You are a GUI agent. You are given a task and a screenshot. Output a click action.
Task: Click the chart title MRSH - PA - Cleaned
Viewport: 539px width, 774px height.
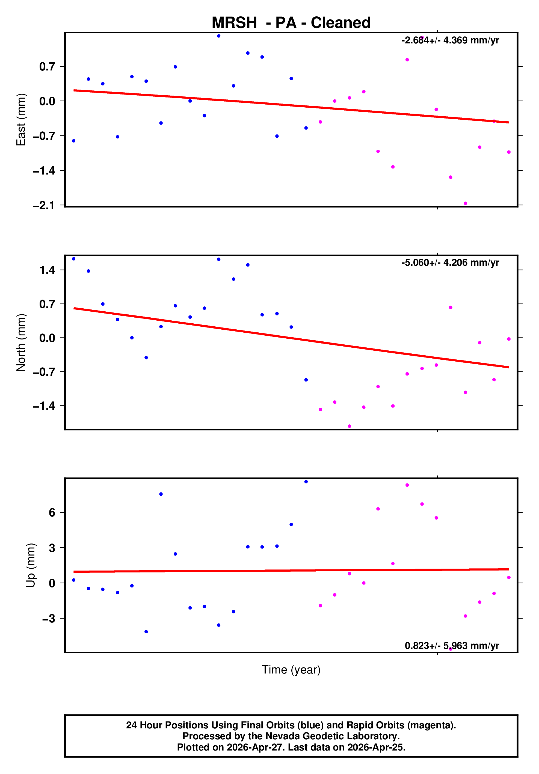(x=291, y=23)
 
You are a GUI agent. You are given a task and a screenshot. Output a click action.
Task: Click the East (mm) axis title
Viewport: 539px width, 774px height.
(x=21, y=120)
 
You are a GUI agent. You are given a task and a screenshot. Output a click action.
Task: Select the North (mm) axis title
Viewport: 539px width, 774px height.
(x=21, y=342)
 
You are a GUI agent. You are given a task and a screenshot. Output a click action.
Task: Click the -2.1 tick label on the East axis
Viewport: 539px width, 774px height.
(x=43, y=205)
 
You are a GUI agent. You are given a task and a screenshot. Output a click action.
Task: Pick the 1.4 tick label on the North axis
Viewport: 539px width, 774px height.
(x=47, y=270)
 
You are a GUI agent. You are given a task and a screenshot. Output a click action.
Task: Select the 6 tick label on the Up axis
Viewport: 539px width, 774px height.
(x=52, y=512)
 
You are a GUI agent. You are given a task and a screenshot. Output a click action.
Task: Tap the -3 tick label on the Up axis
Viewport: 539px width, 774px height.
(x=49, y=618)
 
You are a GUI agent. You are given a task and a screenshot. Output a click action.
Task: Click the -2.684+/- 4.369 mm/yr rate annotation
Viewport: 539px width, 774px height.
(x=450, y=40)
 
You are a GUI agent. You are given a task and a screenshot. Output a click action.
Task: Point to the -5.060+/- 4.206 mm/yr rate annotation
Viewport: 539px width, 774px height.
(x=450, y=263)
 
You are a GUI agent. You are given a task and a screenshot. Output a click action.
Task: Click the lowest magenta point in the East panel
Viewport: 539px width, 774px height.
(x=465, y=203)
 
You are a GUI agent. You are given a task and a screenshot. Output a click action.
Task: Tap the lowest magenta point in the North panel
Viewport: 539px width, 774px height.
(x=349, y=426)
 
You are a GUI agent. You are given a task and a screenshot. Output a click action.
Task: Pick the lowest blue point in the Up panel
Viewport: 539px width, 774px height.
(x=146, y=632)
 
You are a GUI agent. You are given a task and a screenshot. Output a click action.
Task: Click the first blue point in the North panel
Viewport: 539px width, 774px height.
(x=73, y=259)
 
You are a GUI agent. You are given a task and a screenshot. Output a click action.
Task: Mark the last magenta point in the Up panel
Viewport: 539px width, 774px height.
(x=509, y=577)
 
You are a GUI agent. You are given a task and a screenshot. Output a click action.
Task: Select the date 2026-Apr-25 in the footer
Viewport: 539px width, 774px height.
(x=376, y=747)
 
